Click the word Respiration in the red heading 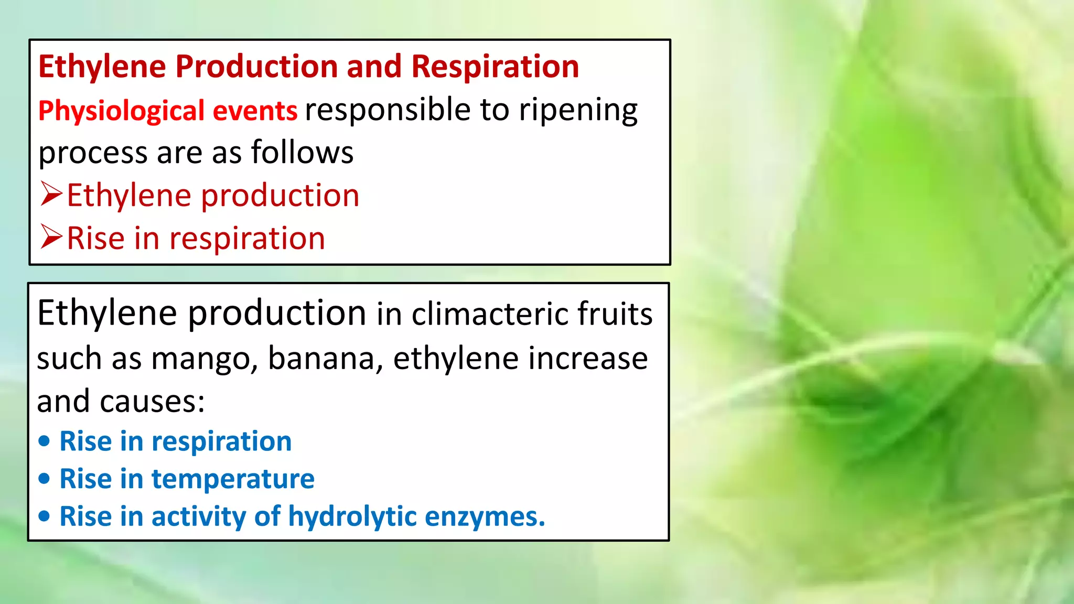coord(495,67)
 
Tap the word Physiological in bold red coord(121,111)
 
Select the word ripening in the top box coord(578,111)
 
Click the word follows coord(302,153)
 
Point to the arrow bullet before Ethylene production coord(51,195)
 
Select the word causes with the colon coord(152,402)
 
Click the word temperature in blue coord(233,479)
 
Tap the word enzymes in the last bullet coord(485,517)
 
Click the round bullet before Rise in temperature coord(45,479)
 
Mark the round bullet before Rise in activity coord(45,516)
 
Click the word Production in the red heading coord(256,67)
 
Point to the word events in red coord(255,111)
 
